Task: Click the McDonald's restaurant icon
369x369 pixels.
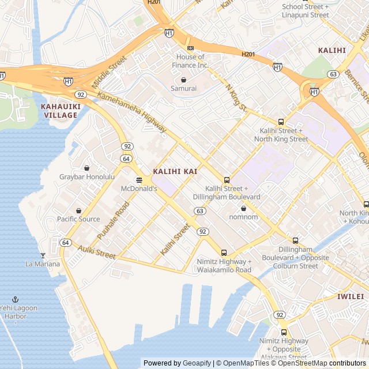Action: (139, 180)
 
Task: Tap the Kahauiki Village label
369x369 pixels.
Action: (59, 111)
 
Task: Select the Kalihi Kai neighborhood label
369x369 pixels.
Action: (175, 172)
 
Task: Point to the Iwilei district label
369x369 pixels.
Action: (350, 296)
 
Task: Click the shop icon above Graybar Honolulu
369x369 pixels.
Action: (86, 167)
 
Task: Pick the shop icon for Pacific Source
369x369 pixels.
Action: (78, 210)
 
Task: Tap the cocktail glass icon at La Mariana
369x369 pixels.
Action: (42, 255)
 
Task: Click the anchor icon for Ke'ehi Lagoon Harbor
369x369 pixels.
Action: (16, 299)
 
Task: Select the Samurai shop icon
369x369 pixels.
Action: (183, 80)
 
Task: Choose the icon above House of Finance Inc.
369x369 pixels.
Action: (190, 48)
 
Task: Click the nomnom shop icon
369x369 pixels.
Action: (243, 208)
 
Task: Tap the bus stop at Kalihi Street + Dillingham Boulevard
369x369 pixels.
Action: (227, 180)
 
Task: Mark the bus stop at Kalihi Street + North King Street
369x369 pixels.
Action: (281, 122)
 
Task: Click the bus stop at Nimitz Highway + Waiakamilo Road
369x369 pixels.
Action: (224, 252)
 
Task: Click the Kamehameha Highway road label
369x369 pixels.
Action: (132, 112)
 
